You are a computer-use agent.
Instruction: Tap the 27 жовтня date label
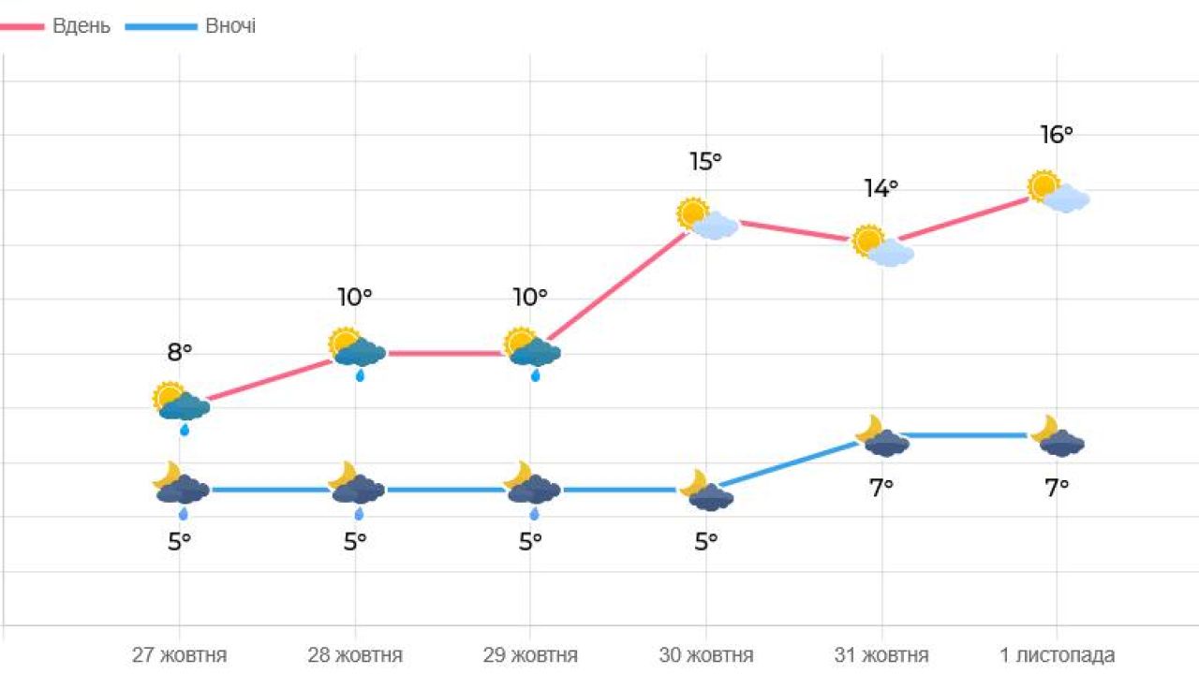tap(179, 654)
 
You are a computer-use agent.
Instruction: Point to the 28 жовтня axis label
tap(355, 654)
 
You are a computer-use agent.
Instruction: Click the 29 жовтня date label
tap(530, 654)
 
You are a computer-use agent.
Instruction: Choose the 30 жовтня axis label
tap(706, 654)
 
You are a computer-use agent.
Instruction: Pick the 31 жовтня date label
tap(881, 654)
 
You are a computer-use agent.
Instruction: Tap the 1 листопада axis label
tap(1058, 654)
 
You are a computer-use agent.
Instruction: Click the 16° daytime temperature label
tap(1057, 135)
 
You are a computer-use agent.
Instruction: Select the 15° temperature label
tap(705, 162)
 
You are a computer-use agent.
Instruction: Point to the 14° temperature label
tap(881, 189)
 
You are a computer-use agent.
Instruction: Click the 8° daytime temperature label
tap(179, 352)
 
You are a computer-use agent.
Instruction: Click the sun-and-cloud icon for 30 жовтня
tap(707, 219)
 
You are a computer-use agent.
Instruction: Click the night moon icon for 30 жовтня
tap(707, 491)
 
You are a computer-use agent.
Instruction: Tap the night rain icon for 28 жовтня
tap(356, 489)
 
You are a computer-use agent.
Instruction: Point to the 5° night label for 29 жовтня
tap(530, 541)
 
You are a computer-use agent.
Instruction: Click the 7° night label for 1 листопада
tap(1057, 487)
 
